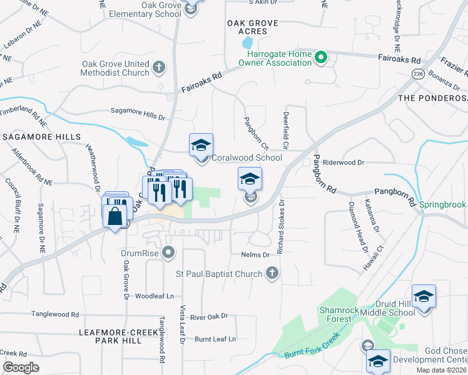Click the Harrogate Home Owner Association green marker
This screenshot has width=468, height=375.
(322, 59)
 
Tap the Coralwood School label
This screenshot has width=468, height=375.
(247, 157)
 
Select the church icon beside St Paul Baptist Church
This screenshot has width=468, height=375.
(272, 273)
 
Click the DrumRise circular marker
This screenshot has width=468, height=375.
(168, 252)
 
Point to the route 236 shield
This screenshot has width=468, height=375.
(419, 74)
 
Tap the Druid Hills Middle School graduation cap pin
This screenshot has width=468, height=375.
(424, 296)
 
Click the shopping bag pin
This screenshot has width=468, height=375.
(115, 217)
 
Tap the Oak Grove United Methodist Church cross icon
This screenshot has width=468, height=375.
(159, 66)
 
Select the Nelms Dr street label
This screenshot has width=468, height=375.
(255, 255)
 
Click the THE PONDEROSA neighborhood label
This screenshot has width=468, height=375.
(432, 99)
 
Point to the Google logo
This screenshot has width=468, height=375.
(21, 367)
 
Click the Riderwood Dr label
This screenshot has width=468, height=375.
(343, 162)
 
